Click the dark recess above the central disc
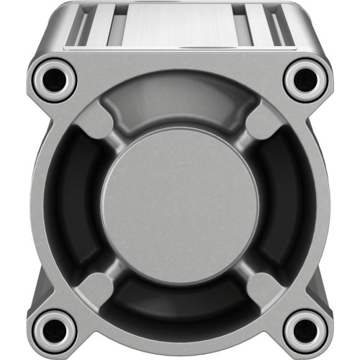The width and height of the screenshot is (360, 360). click(x=180, y=108)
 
